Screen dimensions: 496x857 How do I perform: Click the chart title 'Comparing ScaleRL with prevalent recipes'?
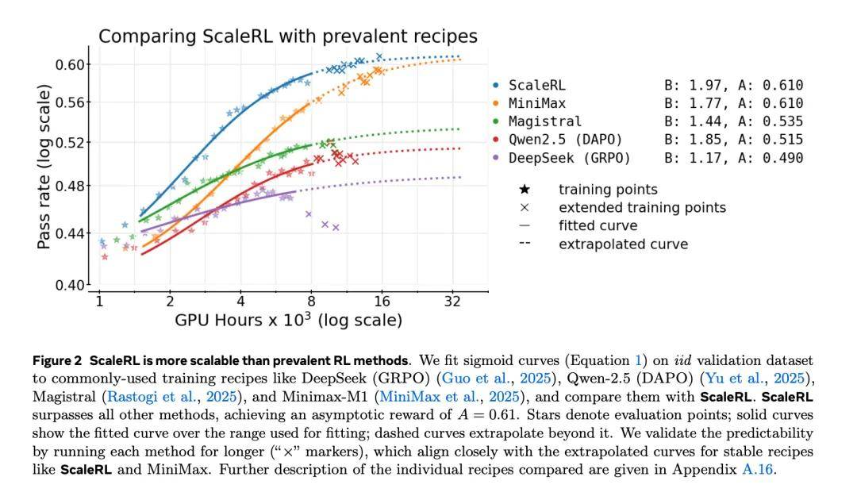(288, 37)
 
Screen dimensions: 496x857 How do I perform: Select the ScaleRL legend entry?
(537, 86)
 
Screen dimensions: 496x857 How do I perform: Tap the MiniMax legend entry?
(537, 104)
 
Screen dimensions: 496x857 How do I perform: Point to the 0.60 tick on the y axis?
(71, 64)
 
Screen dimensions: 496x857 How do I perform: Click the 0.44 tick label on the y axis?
(71, 233)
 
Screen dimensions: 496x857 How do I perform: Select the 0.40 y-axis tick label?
(71, 285)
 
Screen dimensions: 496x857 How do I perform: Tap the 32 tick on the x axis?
(453, 302)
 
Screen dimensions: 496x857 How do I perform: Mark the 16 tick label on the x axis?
(382, 302)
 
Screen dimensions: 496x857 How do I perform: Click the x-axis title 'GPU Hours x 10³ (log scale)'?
(288, 321)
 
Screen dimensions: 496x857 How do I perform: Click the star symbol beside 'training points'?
(525, 190)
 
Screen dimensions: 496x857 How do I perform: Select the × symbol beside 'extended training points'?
(525, 208)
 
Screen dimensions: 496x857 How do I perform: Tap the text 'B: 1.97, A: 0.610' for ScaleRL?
(733, 86)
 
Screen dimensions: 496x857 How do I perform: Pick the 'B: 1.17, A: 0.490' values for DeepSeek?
(733, 159)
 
